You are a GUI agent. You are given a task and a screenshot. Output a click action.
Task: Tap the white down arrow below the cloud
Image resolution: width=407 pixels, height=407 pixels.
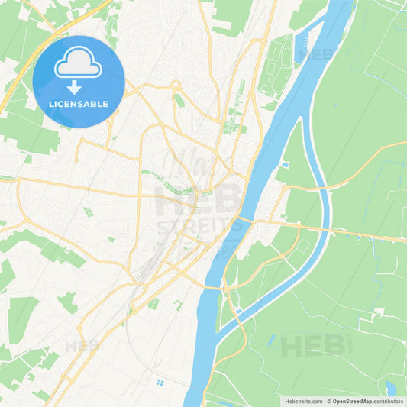click(75, 87)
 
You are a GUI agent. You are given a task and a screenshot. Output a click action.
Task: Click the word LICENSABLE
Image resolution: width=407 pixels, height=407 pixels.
click(79, 103)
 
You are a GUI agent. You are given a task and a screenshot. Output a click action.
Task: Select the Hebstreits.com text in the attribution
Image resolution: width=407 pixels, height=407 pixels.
click(303, 401)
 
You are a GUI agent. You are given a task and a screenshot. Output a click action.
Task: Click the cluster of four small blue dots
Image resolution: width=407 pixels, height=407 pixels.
click(159, 382)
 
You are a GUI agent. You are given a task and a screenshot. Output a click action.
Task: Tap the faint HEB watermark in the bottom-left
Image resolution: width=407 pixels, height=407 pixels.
click(82, 346)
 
